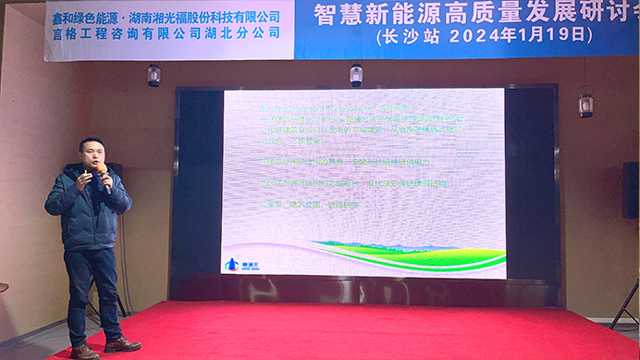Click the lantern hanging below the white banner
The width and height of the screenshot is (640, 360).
(x=154, y=76)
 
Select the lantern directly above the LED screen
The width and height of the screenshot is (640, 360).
(x=356, y=75)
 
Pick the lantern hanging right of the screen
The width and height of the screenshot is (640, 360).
(x=585, y=105)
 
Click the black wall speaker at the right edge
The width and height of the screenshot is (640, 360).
(x=630, y=190)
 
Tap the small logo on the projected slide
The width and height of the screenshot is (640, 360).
(x=237, y=264)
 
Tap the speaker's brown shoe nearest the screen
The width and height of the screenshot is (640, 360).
(x=120, y=345)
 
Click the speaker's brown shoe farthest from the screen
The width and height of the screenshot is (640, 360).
(x=84, y=352)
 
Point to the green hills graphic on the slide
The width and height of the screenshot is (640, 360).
(x=407, y=254)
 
